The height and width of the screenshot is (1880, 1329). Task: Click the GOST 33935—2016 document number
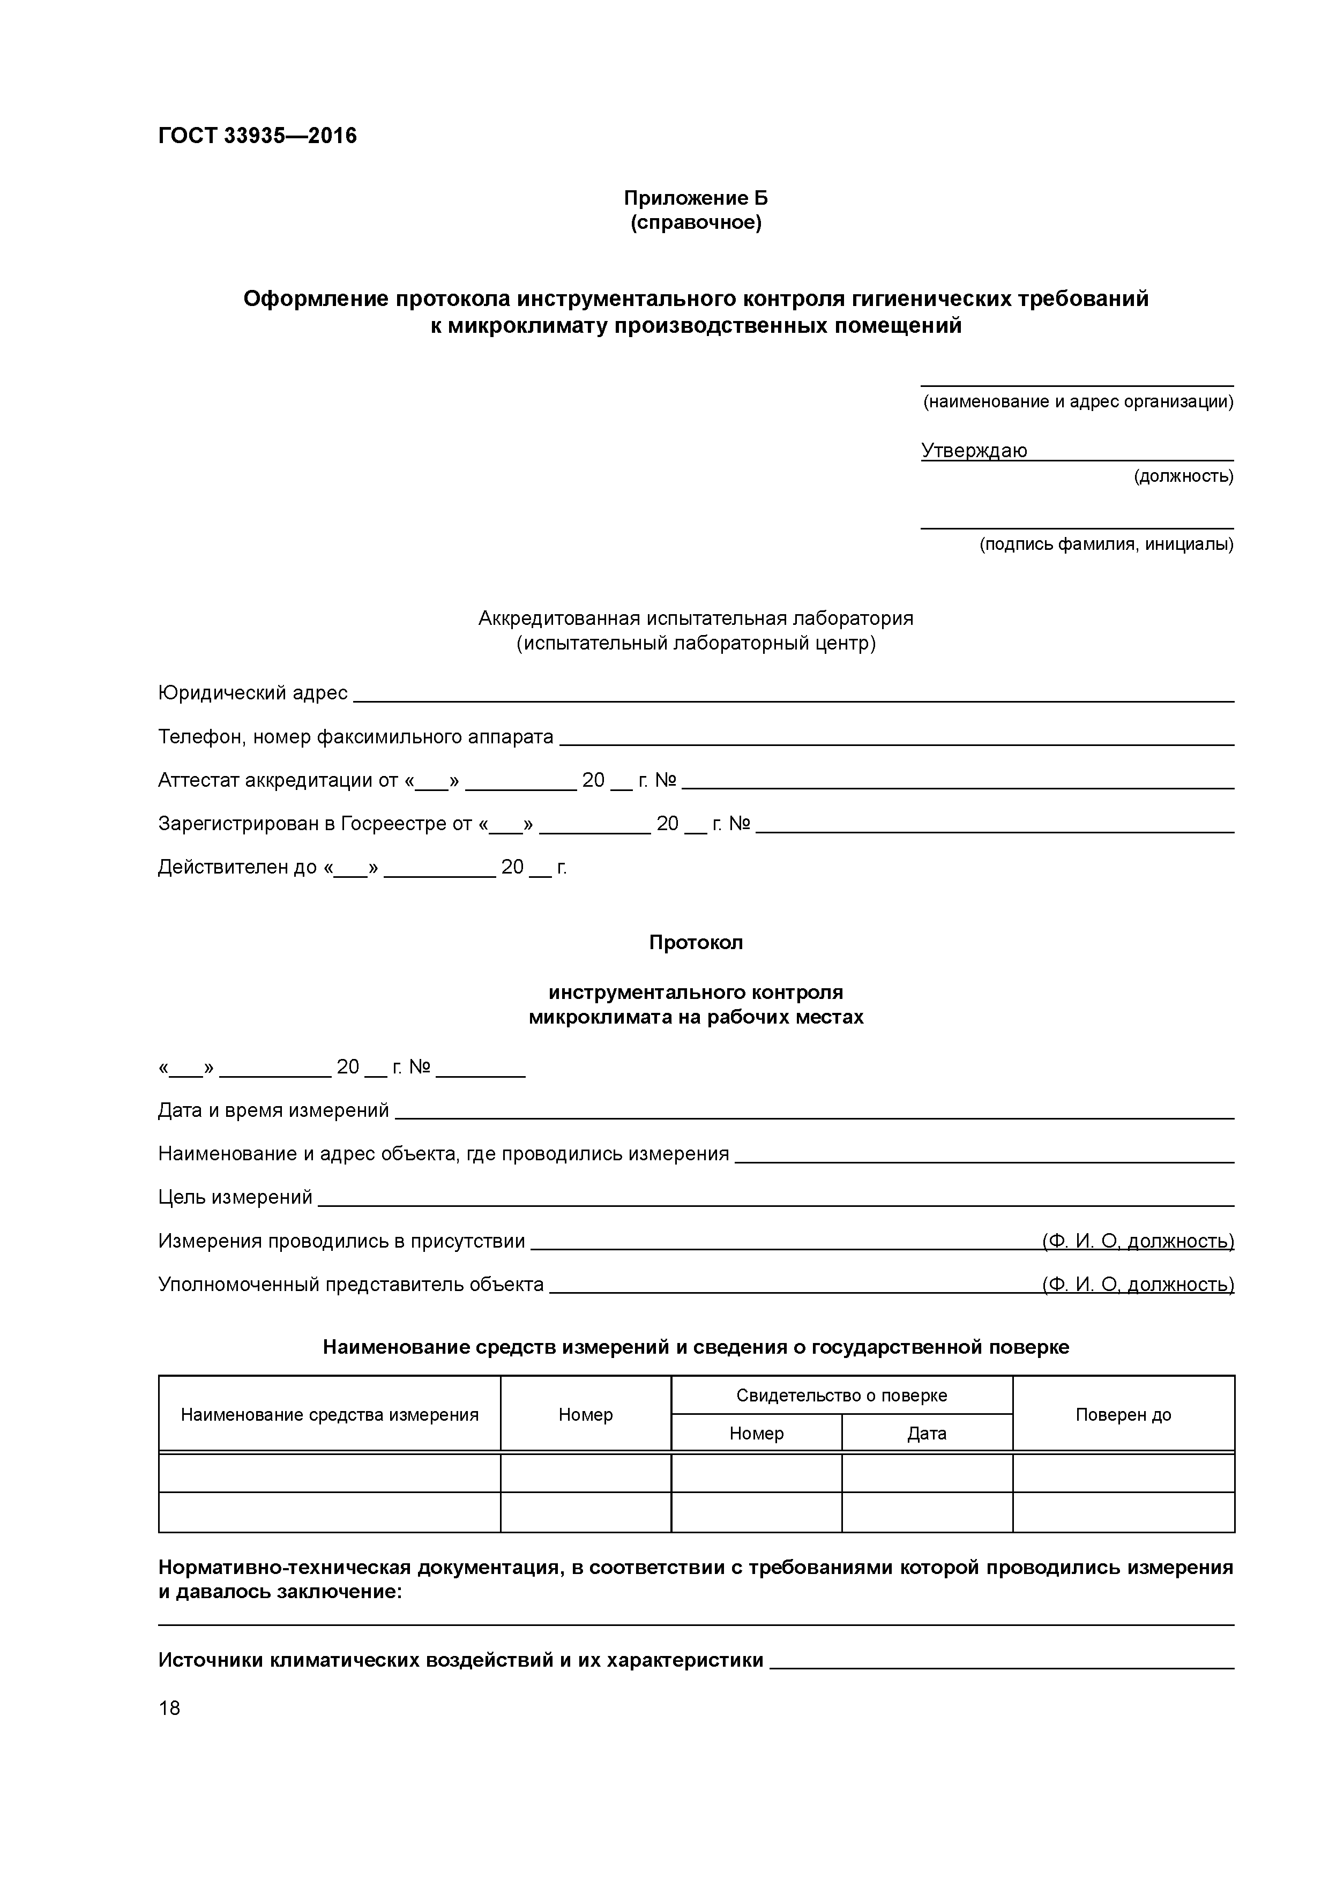(257, 136)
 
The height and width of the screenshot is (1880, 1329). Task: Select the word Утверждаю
(974, 450)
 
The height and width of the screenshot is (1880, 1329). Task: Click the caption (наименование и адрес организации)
(1078, 401)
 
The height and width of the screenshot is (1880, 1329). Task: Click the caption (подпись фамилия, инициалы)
(1106, 544)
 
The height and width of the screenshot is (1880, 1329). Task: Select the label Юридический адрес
(252, 693)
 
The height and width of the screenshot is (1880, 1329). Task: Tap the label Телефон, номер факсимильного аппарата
(355, 737)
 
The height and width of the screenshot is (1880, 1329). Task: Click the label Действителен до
(237, 867)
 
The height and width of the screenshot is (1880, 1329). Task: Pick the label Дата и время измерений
(273, 1110)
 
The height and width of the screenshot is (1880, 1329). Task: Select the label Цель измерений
(235, 1197)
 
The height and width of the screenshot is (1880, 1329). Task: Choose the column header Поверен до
(1123, 1415)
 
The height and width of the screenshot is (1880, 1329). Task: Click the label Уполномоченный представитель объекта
(350, 1284)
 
